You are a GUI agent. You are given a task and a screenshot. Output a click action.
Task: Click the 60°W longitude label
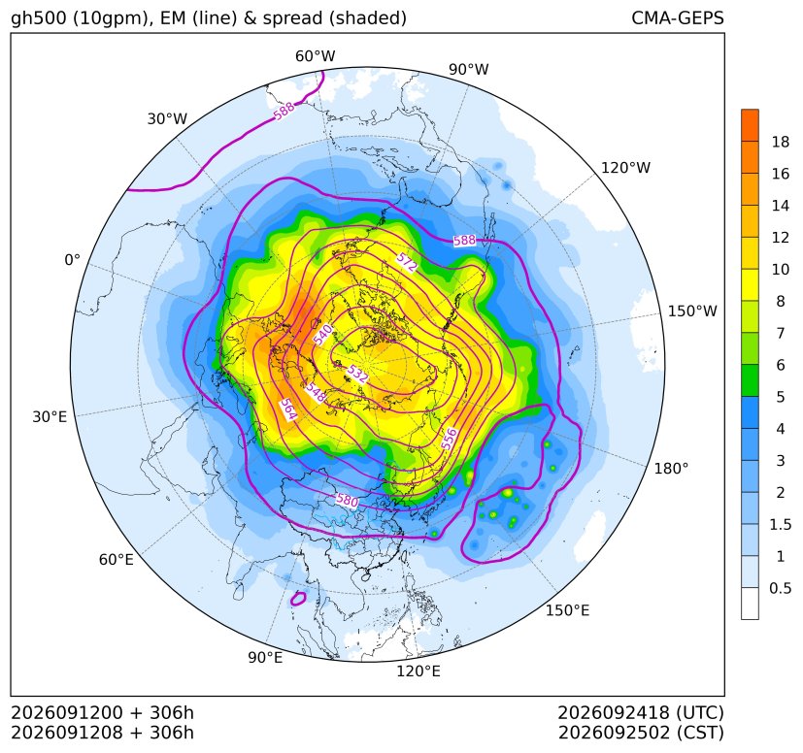point(315,56)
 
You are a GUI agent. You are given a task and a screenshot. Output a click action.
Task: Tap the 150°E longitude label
point(567,610)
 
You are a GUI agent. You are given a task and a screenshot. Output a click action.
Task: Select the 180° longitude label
point(671,469)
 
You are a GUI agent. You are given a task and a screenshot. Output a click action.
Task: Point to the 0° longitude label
point(72,260)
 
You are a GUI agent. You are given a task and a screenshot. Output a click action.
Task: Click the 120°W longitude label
point(626,168)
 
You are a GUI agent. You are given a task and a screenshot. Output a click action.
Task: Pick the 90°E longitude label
point(265,658)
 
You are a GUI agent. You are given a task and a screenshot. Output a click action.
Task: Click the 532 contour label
point(357,375)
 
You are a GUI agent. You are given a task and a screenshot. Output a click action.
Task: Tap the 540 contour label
point(322,334)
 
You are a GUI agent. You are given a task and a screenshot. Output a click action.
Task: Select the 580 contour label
point(347,500)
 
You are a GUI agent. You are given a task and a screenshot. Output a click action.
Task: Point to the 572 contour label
point(406,263)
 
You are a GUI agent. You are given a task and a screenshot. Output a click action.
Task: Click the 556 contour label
point(450,440)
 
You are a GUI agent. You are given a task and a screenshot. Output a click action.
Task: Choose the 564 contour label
point(288,409)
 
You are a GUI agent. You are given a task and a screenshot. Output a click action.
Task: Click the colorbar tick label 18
point(781,143)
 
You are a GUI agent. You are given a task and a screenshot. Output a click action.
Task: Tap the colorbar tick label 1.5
point(780,525)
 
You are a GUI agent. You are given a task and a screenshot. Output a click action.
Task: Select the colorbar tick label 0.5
point(780,589)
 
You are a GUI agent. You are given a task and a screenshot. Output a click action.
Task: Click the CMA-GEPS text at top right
point(678,17)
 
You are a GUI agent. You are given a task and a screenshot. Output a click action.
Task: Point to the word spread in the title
point(291,19)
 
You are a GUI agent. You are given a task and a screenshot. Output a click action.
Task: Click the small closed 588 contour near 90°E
point(298,599)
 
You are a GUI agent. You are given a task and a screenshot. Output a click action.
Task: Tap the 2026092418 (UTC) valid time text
point(641,712)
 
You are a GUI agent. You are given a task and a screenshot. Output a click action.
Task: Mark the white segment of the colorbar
point(750,604)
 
